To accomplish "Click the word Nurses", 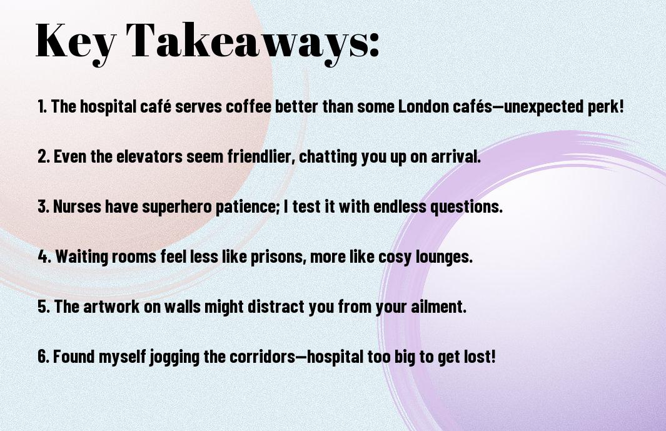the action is click(x=77, y=206).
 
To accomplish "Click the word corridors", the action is click(x=263, y=357).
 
